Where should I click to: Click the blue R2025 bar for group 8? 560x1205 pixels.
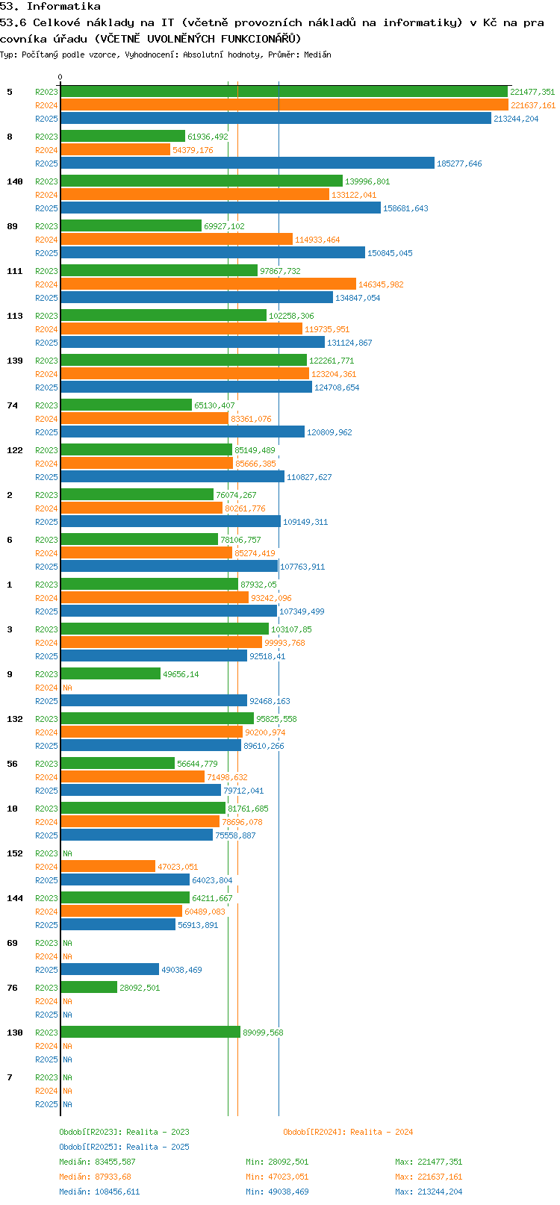pos(247,164)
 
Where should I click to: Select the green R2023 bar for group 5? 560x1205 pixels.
pos(284,92)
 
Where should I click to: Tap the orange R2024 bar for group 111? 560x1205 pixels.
pos(208,284)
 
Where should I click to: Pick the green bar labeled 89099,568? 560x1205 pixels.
pos(150,1033)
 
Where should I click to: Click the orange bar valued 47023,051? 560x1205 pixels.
pos(108,867)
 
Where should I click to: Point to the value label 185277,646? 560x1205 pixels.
pos(459,164)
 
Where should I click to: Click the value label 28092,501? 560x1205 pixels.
pos(140,988)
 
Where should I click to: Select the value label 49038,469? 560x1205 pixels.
pos(181,970)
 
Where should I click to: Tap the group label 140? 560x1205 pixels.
pos(15,181)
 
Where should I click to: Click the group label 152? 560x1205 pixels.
pos(15,853)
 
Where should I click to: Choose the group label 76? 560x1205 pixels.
pos(12,988)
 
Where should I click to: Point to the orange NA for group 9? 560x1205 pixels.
pos(67,688)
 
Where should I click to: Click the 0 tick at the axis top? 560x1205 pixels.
pos(60,77)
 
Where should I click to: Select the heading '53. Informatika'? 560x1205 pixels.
pos(50,7)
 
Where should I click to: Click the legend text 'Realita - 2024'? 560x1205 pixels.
pos(382,1132)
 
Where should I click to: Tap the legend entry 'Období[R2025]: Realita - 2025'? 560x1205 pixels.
pos(124,1147)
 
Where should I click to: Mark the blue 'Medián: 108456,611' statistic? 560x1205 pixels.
pos(99,1192)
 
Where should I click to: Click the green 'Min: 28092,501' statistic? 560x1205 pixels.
pos(277,1162)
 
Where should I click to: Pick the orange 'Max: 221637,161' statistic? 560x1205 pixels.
pos(429,1177)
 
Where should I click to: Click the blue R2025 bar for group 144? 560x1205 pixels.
pos(118,925)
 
